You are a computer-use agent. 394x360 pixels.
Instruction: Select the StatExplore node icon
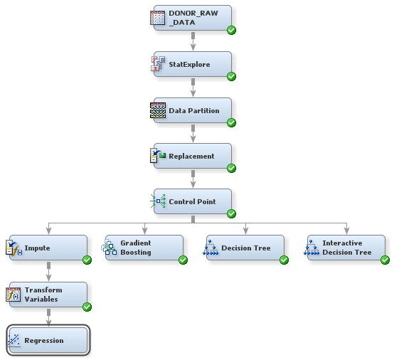coord(158,65)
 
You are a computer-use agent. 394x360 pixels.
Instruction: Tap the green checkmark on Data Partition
coord(232,122)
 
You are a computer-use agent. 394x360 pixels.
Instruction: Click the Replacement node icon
coord(158,157)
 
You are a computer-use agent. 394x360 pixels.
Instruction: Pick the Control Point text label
coord(192,202)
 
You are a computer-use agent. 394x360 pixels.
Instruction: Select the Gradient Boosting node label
coord(135,248)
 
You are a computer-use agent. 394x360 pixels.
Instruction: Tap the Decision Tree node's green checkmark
coord(284,260)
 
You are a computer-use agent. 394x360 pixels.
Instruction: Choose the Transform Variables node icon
coord(14,295)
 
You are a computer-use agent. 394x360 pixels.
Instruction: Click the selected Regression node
coord(48,341)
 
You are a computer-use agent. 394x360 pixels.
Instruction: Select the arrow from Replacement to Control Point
coord(193,179)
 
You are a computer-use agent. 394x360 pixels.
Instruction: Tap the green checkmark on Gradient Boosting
coord(183,260)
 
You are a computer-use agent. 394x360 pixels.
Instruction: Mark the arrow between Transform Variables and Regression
coord(48,317)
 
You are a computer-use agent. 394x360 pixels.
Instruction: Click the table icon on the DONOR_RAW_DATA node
coord(158,19)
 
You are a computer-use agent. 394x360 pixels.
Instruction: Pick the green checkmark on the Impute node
coord(87,260)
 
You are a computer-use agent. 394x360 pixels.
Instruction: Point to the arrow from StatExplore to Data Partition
coord(193,88)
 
